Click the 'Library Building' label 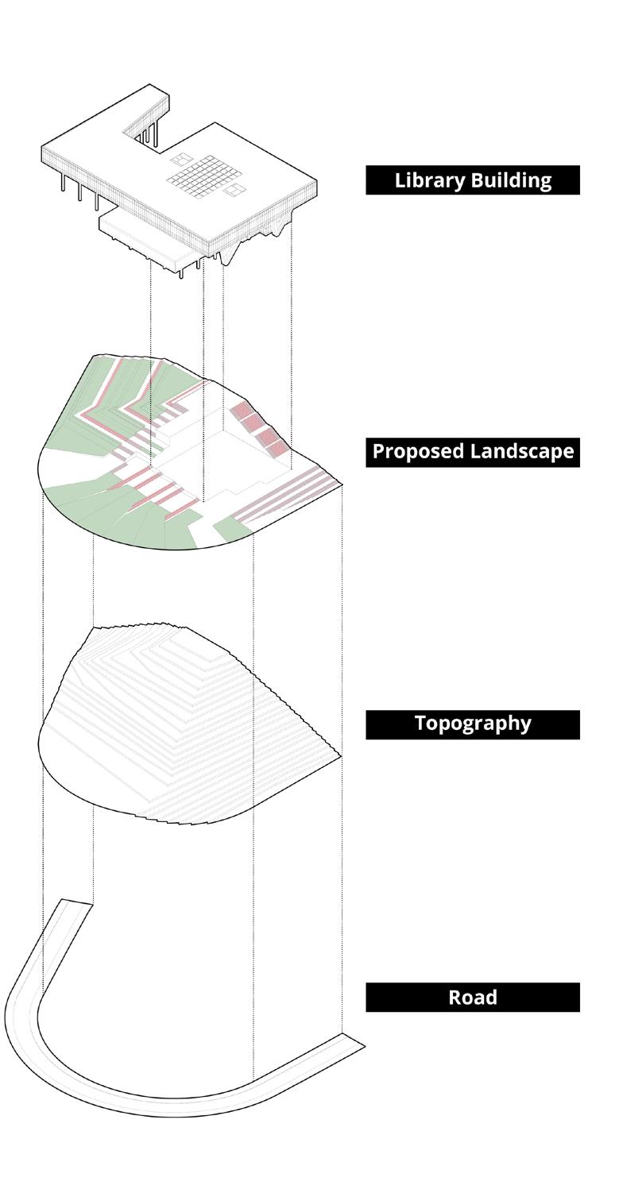472,180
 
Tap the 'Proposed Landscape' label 472,452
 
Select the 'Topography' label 472,724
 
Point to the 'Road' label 472,997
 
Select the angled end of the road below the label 353,1041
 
